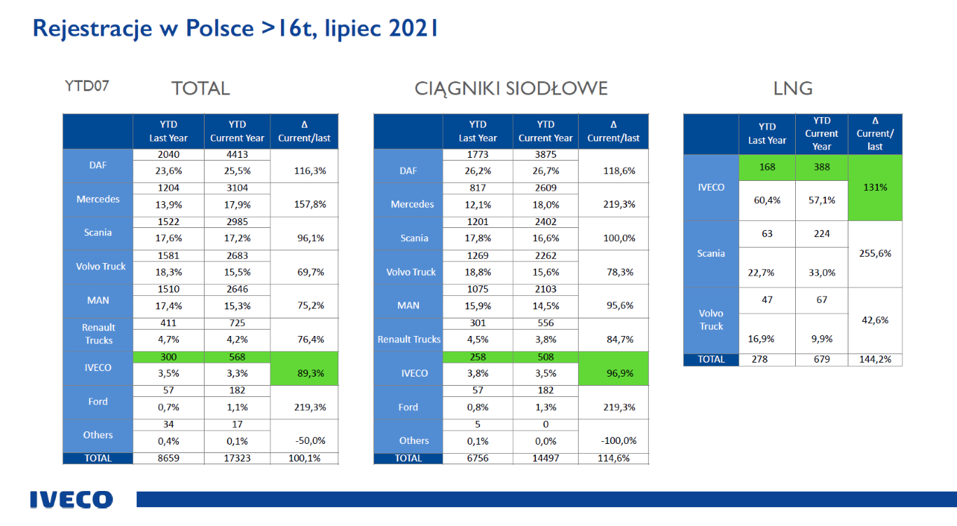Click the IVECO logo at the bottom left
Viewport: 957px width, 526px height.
(71, 499)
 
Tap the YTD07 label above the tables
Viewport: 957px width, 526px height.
(87, 87)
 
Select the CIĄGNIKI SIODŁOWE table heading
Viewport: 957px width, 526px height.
(511, 88)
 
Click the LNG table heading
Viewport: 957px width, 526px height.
(793, 88)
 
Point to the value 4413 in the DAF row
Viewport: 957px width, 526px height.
(237, 154)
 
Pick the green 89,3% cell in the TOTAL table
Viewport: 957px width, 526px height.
(304, 373)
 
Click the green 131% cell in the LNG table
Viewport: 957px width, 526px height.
(875, 187)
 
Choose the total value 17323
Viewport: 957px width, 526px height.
(237, 458)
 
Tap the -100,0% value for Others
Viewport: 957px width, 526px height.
(614, 440)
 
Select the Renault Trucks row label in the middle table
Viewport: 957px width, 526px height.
(408, 339)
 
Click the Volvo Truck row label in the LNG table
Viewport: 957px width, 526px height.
(711, 320)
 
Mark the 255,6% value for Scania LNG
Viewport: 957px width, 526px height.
(875, 253)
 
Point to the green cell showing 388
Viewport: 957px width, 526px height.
(822, 168)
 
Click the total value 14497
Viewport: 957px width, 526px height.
(546, 458)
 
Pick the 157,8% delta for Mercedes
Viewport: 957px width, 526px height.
(304, 204)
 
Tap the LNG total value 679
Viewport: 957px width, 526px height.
(822, 359)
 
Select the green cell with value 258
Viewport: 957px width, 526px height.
(478, 356)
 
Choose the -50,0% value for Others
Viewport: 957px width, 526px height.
(304, 440)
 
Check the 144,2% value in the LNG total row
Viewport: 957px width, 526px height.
(875, 359)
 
